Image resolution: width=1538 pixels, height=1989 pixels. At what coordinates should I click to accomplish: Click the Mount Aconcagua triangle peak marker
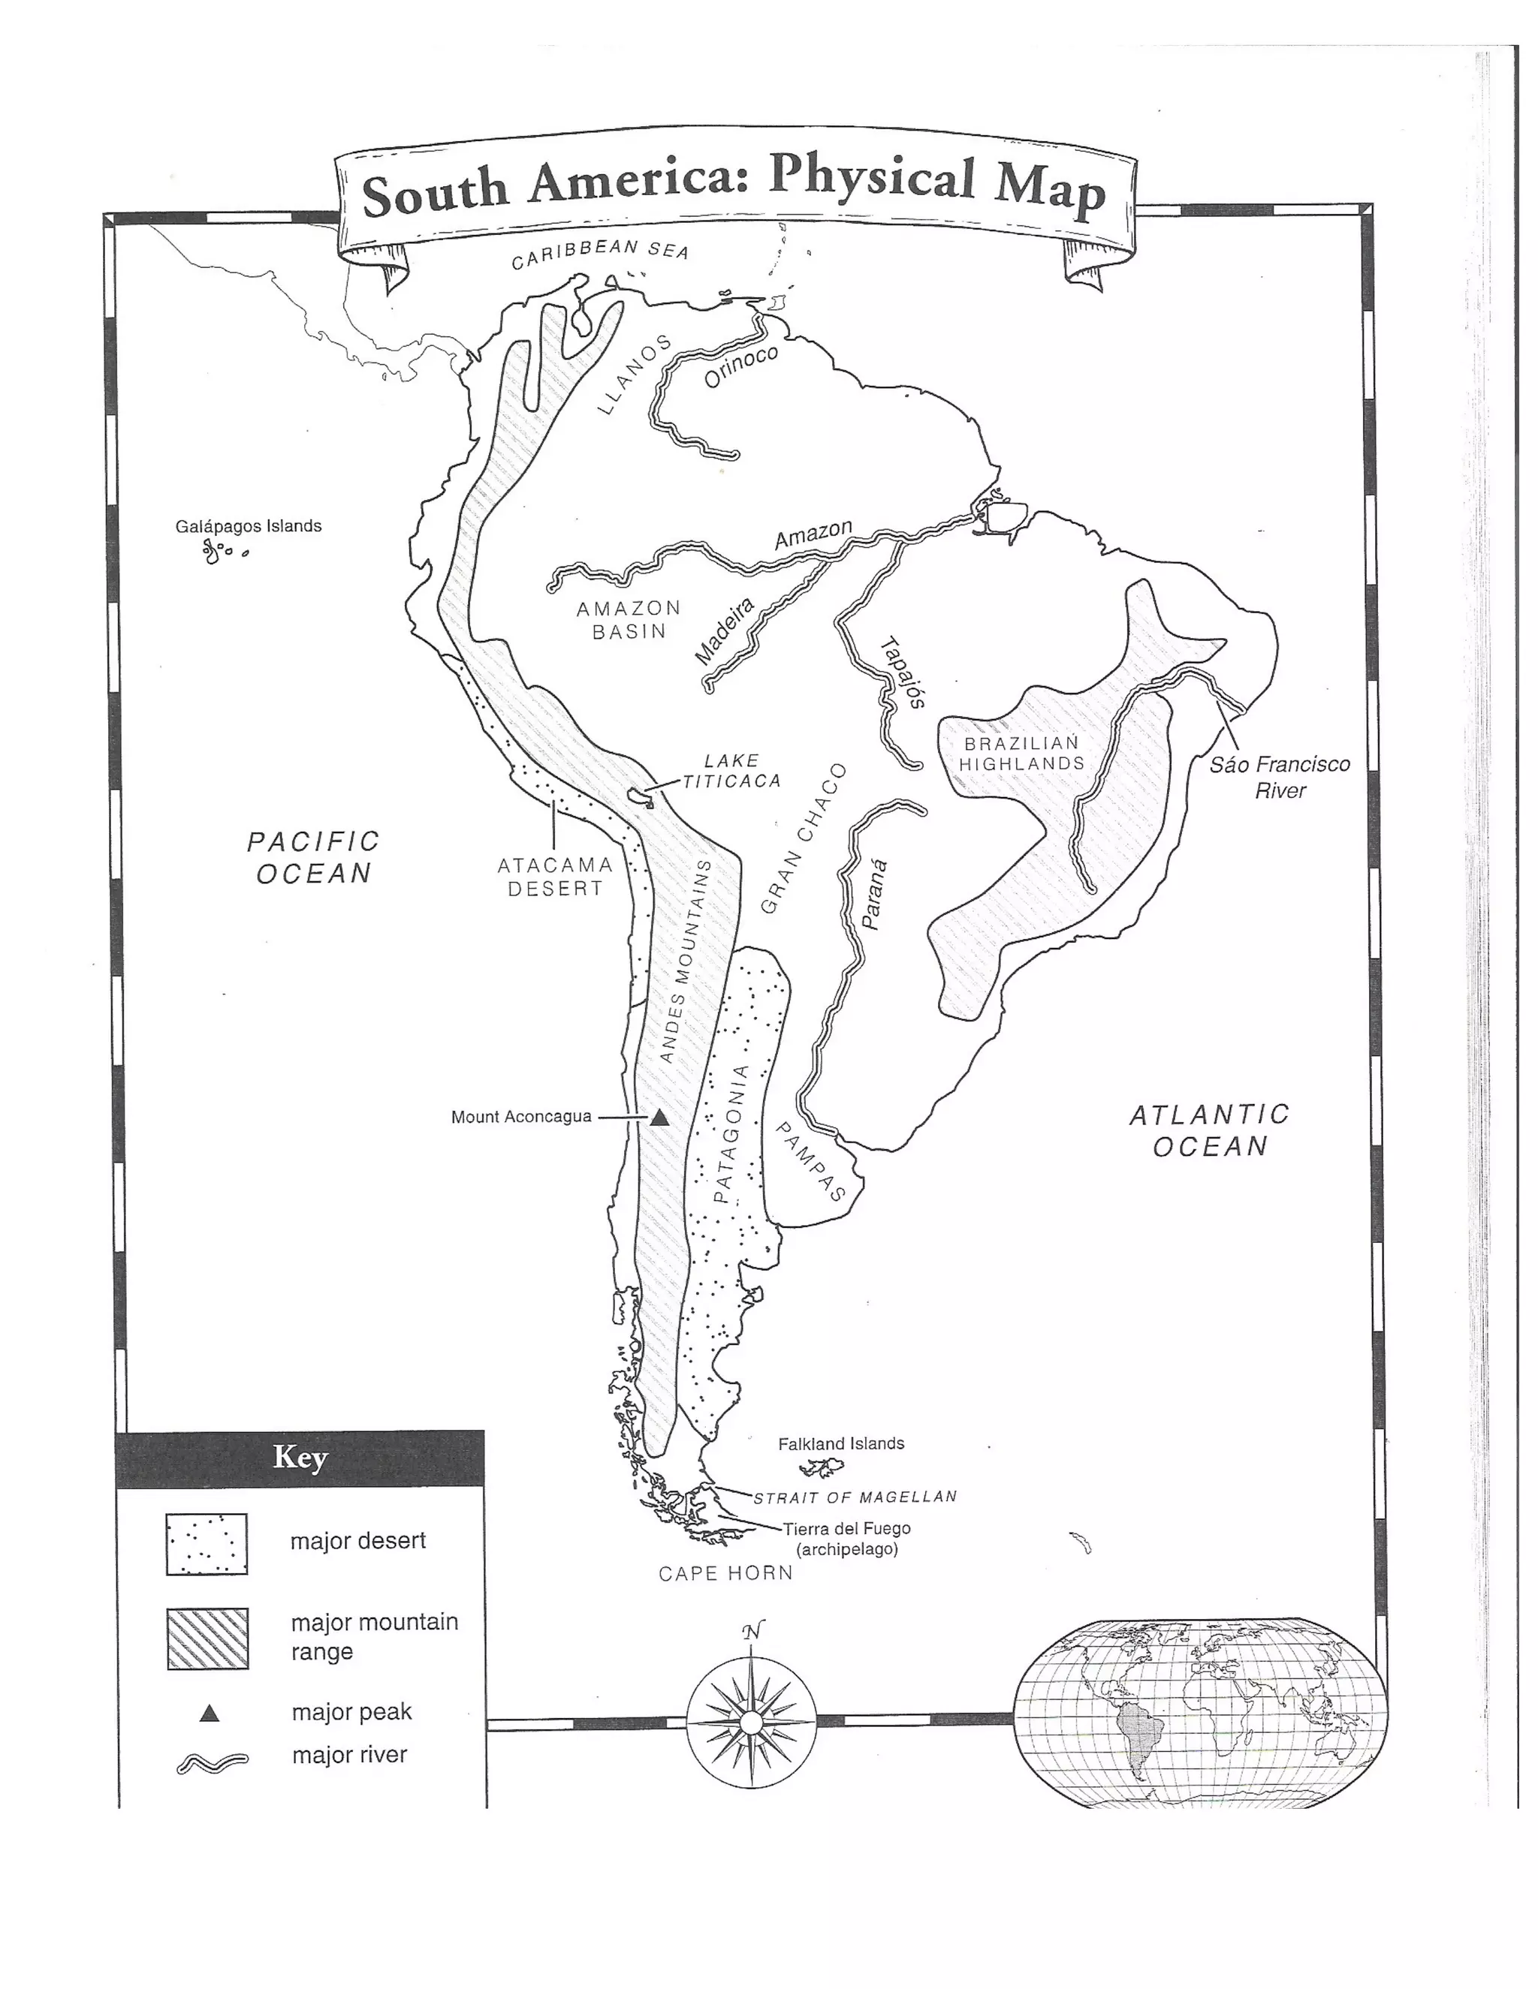659,1118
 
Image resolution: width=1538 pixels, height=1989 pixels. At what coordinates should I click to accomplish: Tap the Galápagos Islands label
248,525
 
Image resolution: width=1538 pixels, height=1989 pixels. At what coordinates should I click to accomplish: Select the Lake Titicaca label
731,771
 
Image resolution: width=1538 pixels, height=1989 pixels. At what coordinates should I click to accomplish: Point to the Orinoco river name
740,366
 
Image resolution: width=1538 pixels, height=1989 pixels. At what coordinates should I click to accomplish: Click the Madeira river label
725,631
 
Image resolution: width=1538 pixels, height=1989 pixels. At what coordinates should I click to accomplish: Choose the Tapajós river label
903,671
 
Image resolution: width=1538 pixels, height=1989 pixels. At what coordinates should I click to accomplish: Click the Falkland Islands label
840,1443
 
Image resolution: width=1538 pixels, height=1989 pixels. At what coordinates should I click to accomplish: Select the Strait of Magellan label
855,1497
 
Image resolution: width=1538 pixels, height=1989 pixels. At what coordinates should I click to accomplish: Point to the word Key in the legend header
300,1457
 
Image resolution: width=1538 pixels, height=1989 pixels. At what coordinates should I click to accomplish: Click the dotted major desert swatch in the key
207,1545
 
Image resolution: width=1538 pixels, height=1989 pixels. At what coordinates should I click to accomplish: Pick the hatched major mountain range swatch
208,1638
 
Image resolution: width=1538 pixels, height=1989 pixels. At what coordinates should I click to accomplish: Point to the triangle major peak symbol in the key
210,1713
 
